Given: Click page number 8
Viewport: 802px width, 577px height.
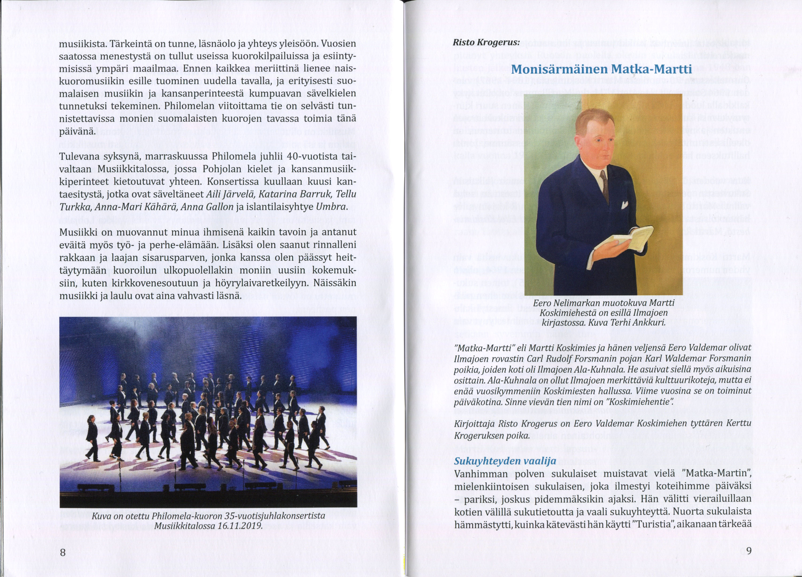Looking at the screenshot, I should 63,552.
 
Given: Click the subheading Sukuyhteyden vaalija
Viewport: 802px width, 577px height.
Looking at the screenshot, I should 505,461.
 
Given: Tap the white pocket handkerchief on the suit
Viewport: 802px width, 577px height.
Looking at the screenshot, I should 624,205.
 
